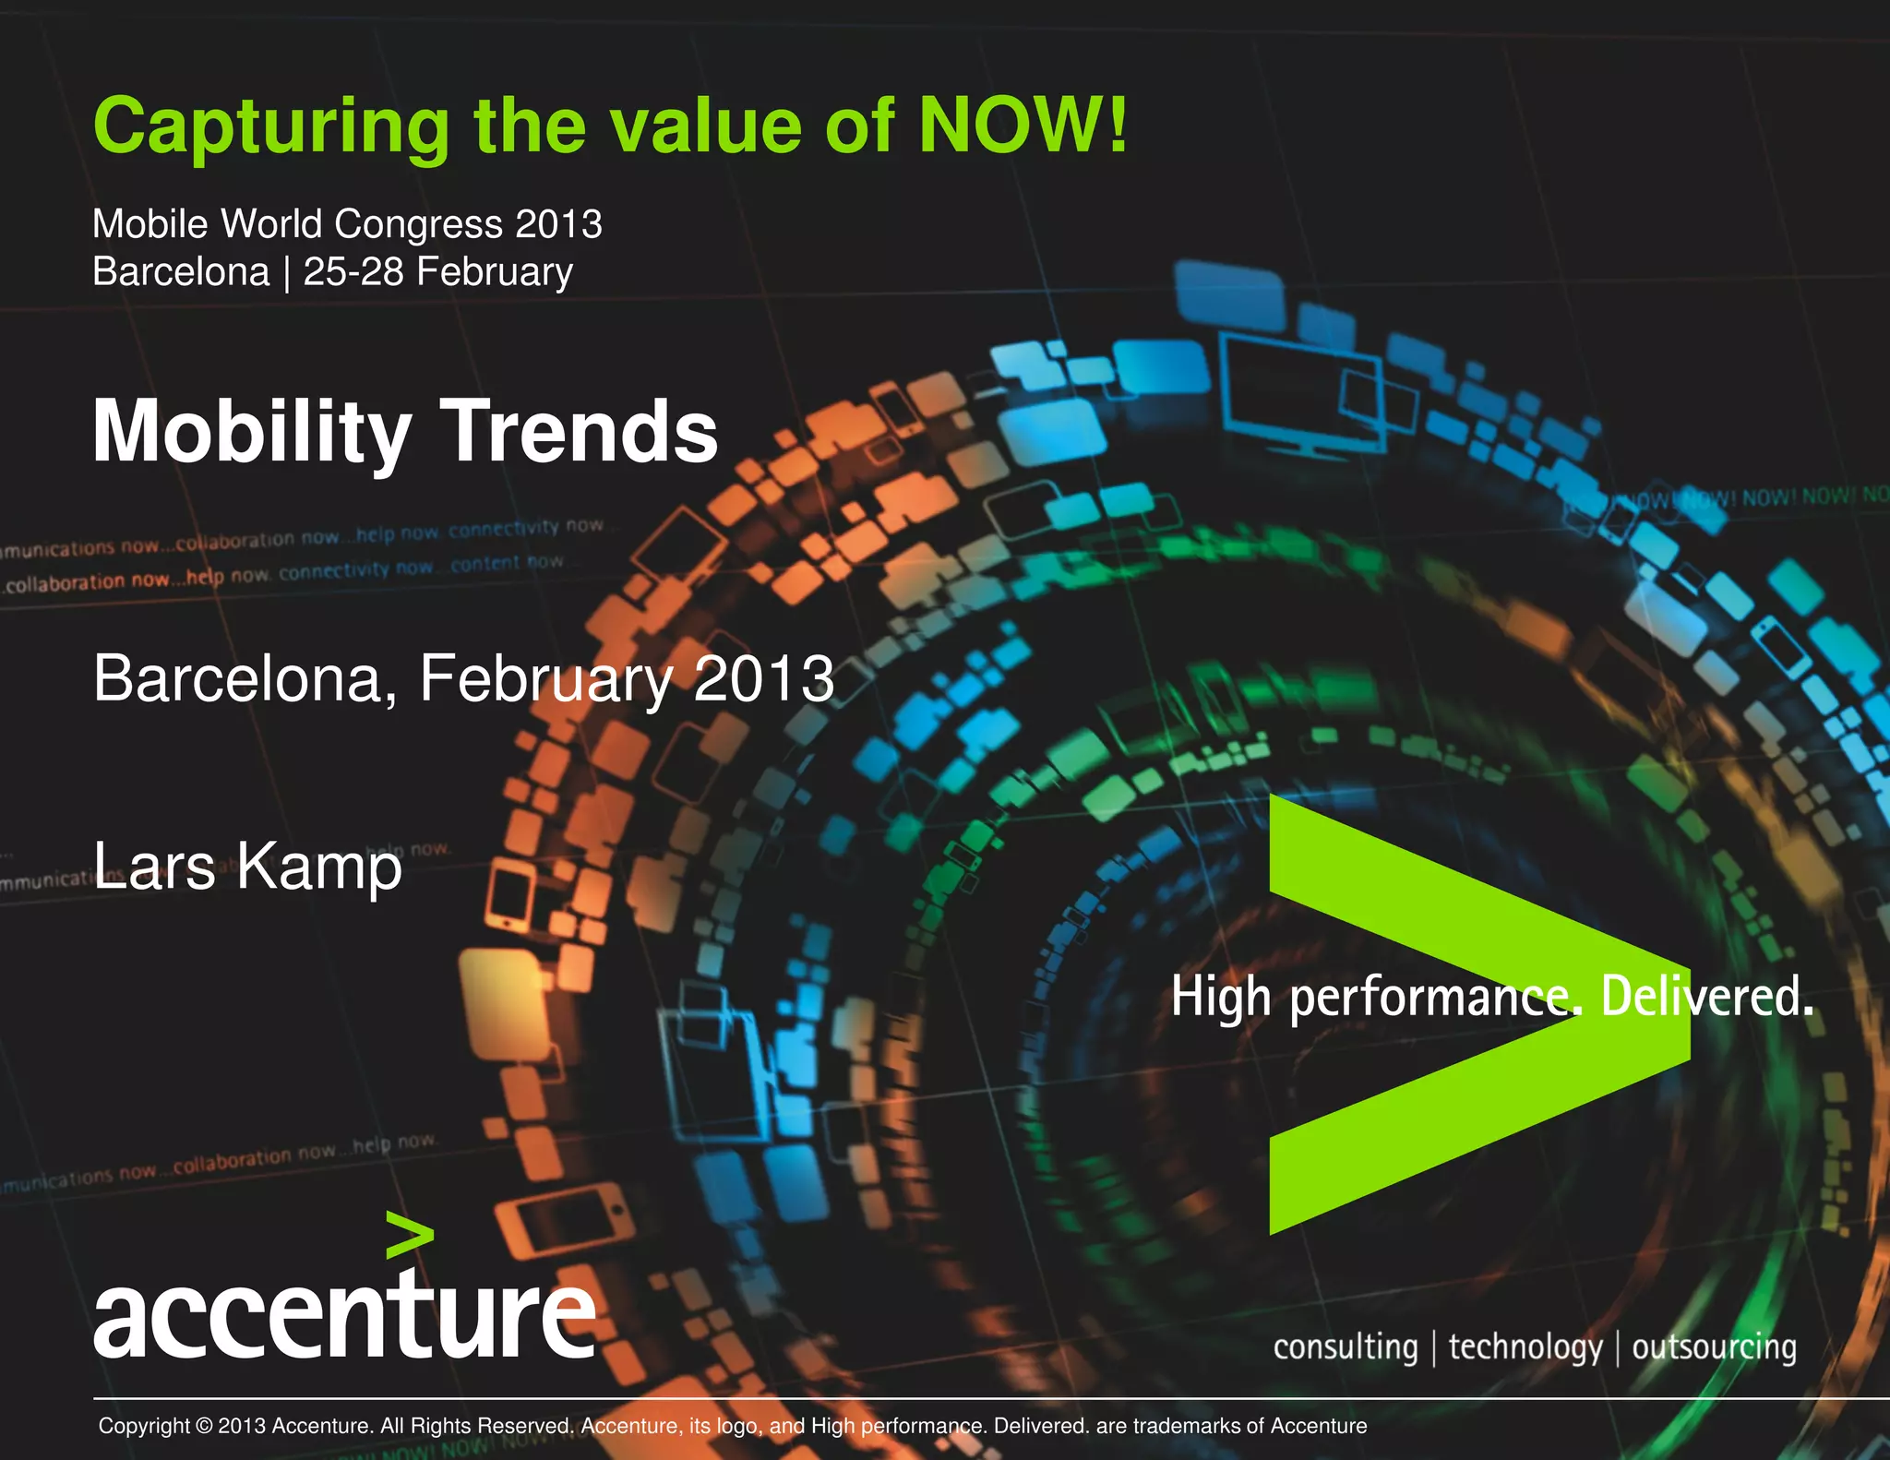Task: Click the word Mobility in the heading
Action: click(251, 432)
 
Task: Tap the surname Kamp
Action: click(319, 868)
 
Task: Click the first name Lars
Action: click(154, 868)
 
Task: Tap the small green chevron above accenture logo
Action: click(409, 1234)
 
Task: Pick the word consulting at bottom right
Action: click(1345, 1347)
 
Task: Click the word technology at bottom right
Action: click(1525, 1347)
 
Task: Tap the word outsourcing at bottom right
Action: click(1714, 1347)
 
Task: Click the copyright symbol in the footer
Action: click(204, 1426)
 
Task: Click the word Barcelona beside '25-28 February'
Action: click(181, 272)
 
